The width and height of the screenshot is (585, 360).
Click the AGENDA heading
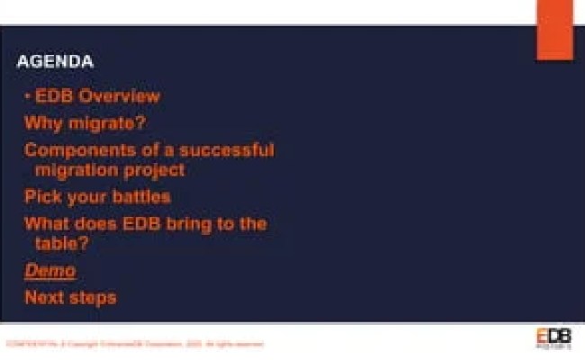click(x=55, y=62)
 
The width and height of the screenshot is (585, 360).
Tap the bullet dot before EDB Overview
click(x=28, y=95)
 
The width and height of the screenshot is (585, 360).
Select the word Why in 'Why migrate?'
click(x=41, y=122)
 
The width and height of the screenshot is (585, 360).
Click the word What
click(x=46, y=224)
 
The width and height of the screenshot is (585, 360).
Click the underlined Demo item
click(x=49, y=270)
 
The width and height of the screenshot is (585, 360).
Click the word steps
click(x=94, y=297)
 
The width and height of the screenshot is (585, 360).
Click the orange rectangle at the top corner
click(x=554, y=29)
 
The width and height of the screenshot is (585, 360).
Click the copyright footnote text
click(x=135, y=343)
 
